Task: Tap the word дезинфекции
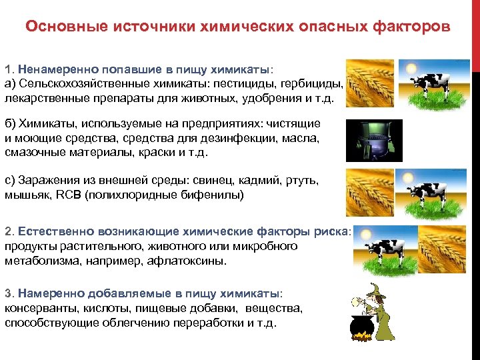(255, 138)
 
